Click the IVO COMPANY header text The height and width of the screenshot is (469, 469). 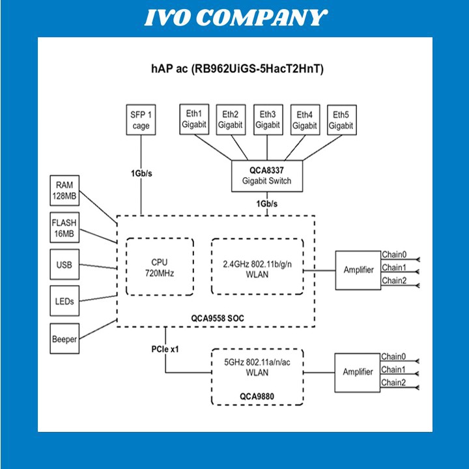point(234,18)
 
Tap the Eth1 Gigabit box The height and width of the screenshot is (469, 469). point(193,120)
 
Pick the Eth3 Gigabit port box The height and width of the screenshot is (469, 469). point(268,120)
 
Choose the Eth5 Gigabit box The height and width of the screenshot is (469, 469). point(341,120)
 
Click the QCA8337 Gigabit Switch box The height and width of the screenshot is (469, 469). point(267,176)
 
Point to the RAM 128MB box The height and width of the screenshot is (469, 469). point(65,190)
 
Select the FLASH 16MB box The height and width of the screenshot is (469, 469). point(65,228)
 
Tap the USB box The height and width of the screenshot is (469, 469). point(65,265)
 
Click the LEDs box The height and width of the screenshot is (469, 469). point(65,302)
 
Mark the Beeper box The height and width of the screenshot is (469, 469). point(65,339)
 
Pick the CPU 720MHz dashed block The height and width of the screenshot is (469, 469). point(160,266)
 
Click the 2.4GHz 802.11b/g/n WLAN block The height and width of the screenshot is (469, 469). point(257,266)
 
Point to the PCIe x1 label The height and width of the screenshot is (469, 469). point(165,349)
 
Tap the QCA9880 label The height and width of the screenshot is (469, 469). point(257,395)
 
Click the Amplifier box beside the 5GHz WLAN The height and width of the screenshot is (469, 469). point(358,372)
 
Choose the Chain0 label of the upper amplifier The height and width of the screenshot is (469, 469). point(393,255)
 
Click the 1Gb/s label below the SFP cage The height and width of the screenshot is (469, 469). point(141,174)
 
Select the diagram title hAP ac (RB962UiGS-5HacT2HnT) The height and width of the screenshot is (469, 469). point(234,68)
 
